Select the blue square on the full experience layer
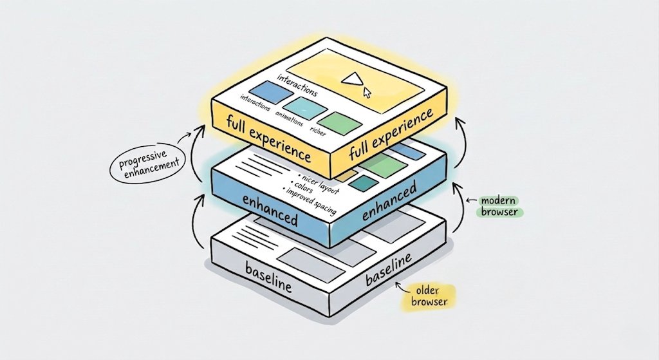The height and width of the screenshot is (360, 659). point(264,93)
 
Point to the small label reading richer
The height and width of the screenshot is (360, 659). point(318,131)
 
